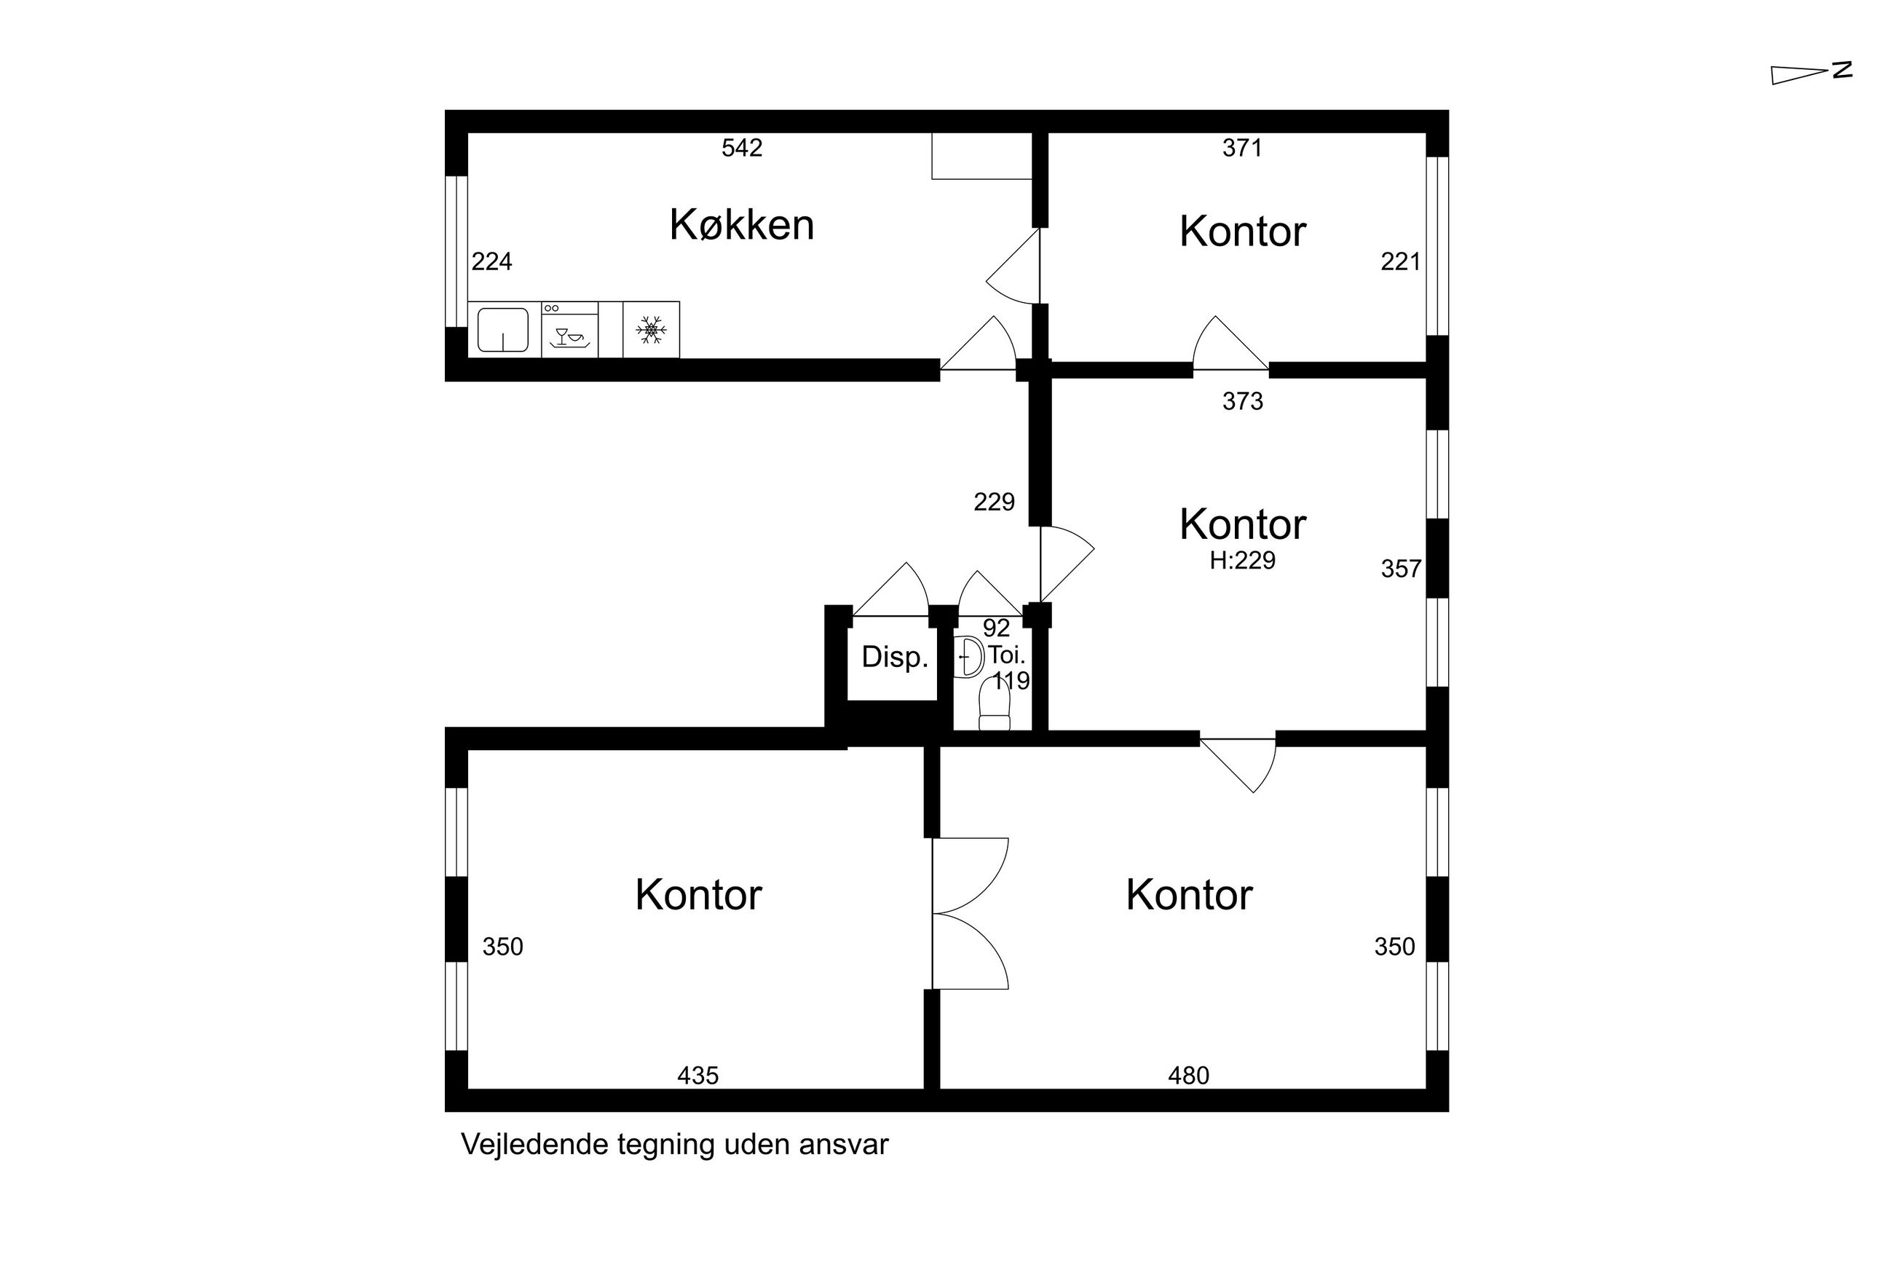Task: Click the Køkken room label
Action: [x=741, y=224]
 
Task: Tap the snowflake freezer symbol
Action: [x=651, y=330]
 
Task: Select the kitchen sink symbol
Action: [x=503, y=330]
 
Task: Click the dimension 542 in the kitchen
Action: [x=741, y=148]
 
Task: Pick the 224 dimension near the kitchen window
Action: [x=491, y=261]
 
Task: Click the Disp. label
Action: [x=895, y=658]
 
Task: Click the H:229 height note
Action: [x=1242, y=560]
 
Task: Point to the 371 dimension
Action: [x=1242, y=148]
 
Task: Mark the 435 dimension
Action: [x=697, y=1076]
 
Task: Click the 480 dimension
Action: [x=1188, y=1076]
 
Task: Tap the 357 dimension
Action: [x=1401, y=569]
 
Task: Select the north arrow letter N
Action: [x=1842, y=70]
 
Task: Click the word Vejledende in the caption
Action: [x=535, y=1145]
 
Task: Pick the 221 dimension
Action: [x=1401, y=261]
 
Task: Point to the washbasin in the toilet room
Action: [x=968, y=657]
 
